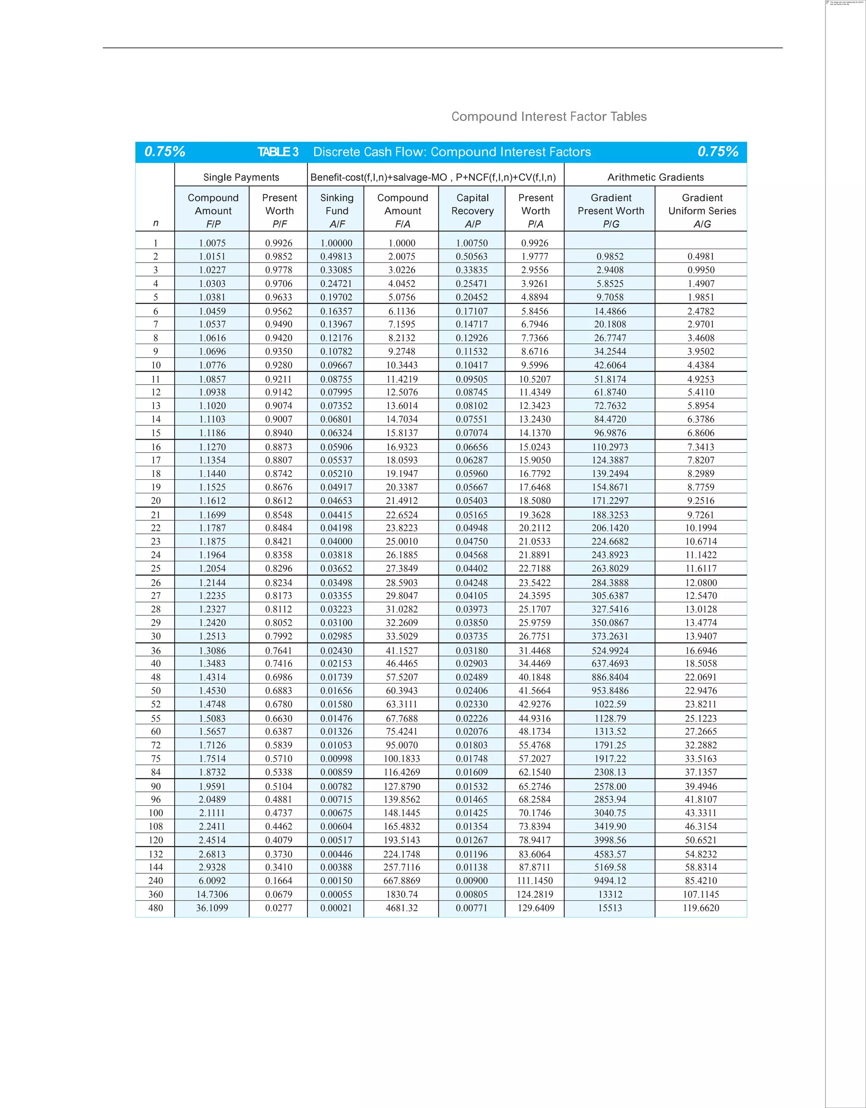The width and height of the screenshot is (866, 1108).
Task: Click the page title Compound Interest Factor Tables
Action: [x=549, y=117]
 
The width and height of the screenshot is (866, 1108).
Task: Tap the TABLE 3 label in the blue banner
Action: [x=277, y=152]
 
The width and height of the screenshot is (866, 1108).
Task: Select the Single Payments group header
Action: [x=241, y=177]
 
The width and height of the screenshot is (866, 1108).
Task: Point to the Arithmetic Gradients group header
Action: [x=655, y=177]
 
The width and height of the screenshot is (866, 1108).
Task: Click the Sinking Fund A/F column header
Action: [x=337, y=211]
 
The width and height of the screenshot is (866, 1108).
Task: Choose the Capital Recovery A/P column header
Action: [x=472, y=211]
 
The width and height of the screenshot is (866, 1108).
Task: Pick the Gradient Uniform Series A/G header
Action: [x=702, y=211]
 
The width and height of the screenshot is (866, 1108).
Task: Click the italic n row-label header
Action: [x=156, y=223]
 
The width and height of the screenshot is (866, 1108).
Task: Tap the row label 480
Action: [x=156, y=908]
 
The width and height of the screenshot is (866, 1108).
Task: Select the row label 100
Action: [x=156, y=813]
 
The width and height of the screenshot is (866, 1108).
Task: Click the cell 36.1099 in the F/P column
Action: [x=212, y=908]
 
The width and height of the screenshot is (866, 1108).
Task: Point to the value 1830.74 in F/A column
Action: [x=402, y=895]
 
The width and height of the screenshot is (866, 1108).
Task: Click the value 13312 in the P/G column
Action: [x=610, y=895]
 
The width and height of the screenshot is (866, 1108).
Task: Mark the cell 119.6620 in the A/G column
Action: [x=701, y=908]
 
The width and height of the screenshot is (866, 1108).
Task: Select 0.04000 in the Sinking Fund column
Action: [x=336, y=541]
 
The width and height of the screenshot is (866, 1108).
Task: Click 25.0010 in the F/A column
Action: [x=402, y=541]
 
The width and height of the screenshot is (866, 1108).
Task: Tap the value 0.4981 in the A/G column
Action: [x=701, y=257]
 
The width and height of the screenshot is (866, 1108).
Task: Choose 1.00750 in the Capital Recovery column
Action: [x=472, y=243]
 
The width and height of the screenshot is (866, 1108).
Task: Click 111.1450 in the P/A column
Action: [x=535, y=881]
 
